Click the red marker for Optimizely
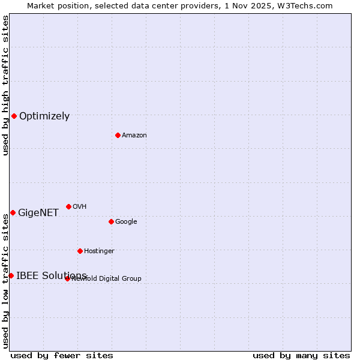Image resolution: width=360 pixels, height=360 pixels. [14, 116]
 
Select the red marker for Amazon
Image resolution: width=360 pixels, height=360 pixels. [118, 135]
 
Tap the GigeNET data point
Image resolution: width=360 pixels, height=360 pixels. [13, 212]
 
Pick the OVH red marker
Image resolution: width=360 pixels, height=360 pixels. [68, 206]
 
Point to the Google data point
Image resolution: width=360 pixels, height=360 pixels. [111, 221]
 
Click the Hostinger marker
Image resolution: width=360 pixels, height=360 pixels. [80, 251]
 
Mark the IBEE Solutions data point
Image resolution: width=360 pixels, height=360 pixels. [11, 275]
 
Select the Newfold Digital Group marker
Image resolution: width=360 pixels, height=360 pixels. [67, 278]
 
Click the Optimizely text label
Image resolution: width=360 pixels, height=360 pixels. [44, 116]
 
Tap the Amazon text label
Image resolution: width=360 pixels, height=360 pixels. [134, 136]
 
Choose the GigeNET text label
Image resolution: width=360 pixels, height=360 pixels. [38, 213]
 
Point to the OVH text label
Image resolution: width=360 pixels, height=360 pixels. [80, 207]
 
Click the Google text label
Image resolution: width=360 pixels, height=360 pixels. [126, 222]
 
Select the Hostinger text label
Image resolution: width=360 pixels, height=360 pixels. [99, 251]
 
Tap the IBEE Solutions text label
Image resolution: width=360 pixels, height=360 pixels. [51, 276]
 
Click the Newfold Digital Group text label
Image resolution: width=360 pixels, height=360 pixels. [107, 279]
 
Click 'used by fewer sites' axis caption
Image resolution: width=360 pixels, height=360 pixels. [62, 356]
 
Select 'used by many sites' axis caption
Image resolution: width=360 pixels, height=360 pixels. [301, 356]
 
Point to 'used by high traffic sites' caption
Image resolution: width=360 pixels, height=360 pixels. [5, 85]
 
